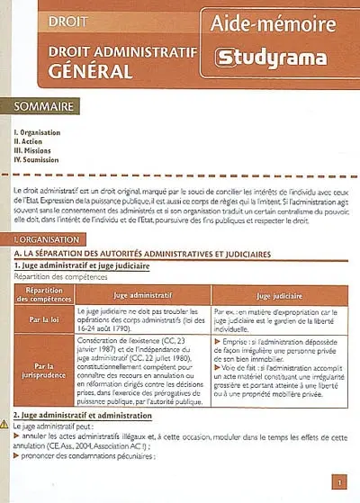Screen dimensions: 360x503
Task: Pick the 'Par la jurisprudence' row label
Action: (x=43, y=371)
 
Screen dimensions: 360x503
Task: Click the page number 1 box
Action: (x=337, y=483)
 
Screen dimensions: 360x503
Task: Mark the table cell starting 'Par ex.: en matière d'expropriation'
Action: (x=277, y=319)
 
